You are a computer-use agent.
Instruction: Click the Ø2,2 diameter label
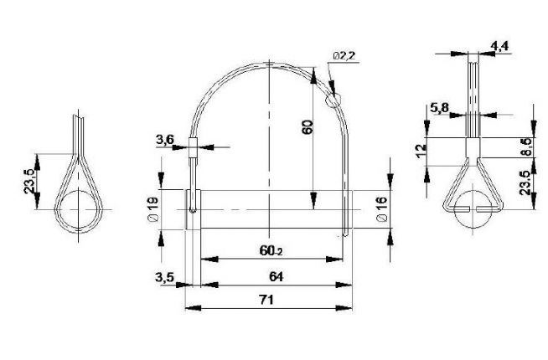click(x=344, y=55)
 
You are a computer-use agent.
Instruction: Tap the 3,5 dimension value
click(x=164, y=277)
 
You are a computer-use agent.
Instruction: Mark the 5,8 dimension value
click(x=439, y=107)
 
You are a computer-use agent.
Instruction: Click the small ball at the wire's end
click(x=334, y=100)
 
